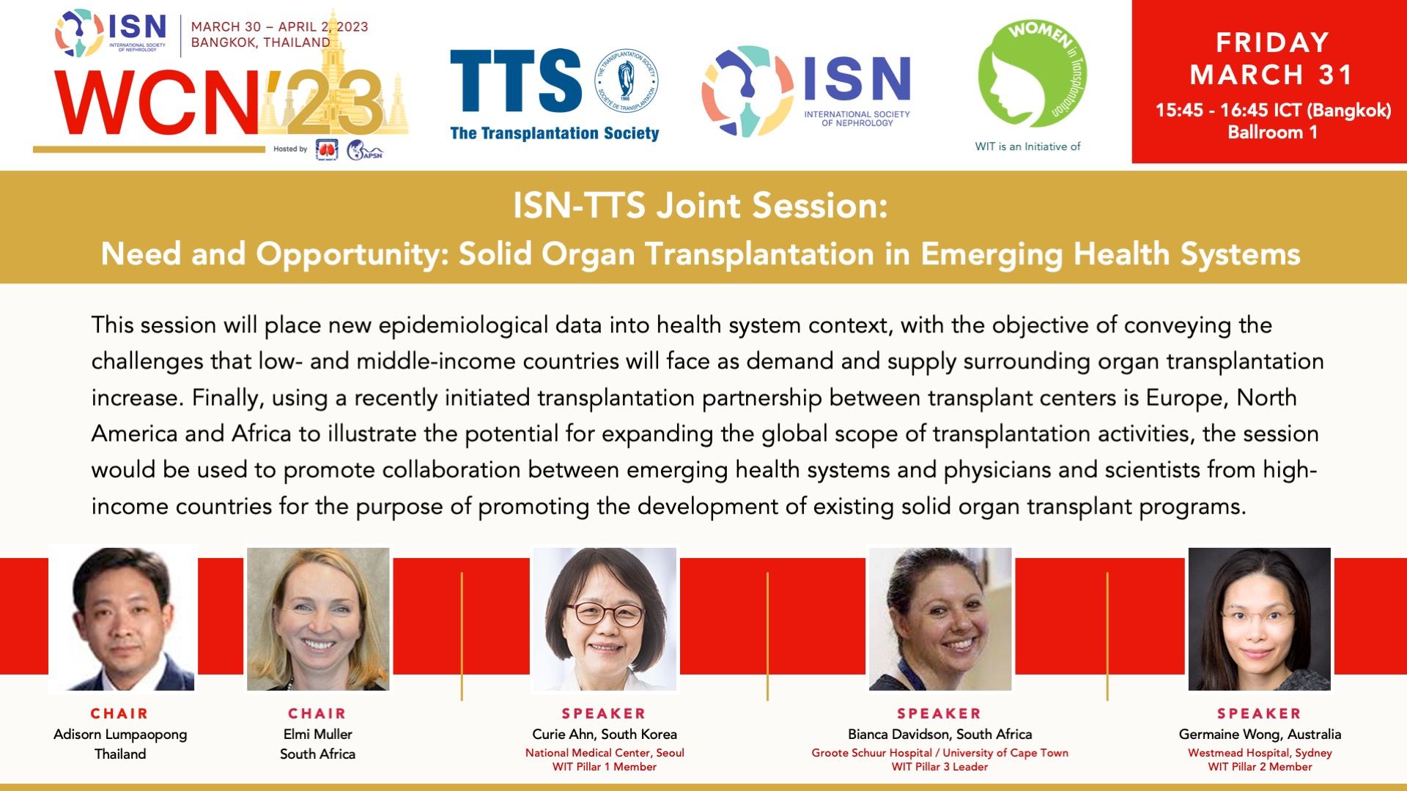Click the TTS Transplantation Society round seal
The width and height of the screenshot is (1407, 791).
pyautogui.click(x=626, y=81)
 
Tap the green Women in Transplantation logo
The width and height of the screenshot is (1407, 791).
pyautogui.click(x=1032, y=73)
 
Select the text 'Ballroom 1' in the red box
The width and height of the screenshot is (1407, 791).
pyautogui.click(x=1273, y=133)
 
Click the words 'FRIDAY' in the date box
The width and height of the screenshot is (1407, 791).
pyautogui.click(x=1273, y=42)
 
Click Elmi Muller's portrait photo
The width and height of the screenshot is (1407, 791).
pyautogui.click(x=318, y=619)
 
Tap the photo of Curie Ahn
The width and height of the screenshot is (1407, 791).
pyautogui.click(x=605, y=619)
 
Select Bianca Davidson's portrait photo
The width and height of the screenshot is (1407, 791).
pyautogui.click(x=940, y=619)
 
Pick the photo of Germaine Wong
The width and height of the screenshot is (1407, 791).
pyautogui.click(x=1260, y=619)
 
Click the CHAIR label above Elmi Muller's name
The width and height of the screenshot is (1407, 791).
pyautogui.click(x=317, y=713)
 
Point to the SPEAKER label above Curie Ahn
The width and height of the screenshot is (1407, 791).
pyautogui.click(x=604, y=713)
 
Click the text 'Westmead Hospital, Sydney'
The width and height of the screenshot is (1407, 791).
pyautogui.click(x=1260, y=753)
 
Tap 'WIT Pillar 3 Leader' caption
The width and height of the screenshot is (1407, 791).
pyautogui.click(x=939, y=767)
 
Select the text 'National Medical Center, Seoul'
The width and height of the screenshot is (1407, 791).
pyautogui.click(x=605, y=753)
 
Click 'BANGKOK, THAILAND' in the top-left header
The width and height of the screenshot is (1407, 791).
pyautogui.click(x=261, y=42)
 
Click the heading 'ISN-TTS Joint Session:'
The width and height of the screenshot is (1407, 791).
pyautogui.click(x=700, y=206)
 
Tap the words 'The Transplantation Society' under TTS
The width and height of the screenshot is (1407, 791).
pyautogui.click(x=555, y=133)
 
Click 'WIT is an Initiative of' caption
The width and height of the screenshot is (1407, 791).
pyautogui.click(x=1027, y=146)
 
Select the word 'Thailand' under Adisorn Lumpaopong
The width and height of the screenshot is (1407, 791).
pyautogui.click(x=120, y=754)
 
